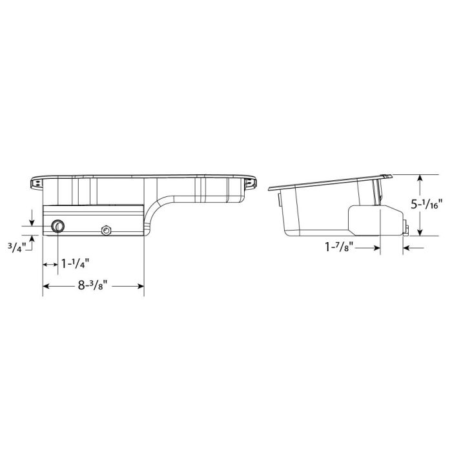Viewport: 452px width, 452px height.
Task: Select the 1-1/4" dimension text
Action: (75, 263)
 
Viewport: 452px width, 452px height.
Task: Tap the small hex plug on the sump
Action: (105, 229)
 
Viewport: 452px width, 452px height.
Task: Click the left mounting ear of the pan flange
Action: (36, 183)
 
